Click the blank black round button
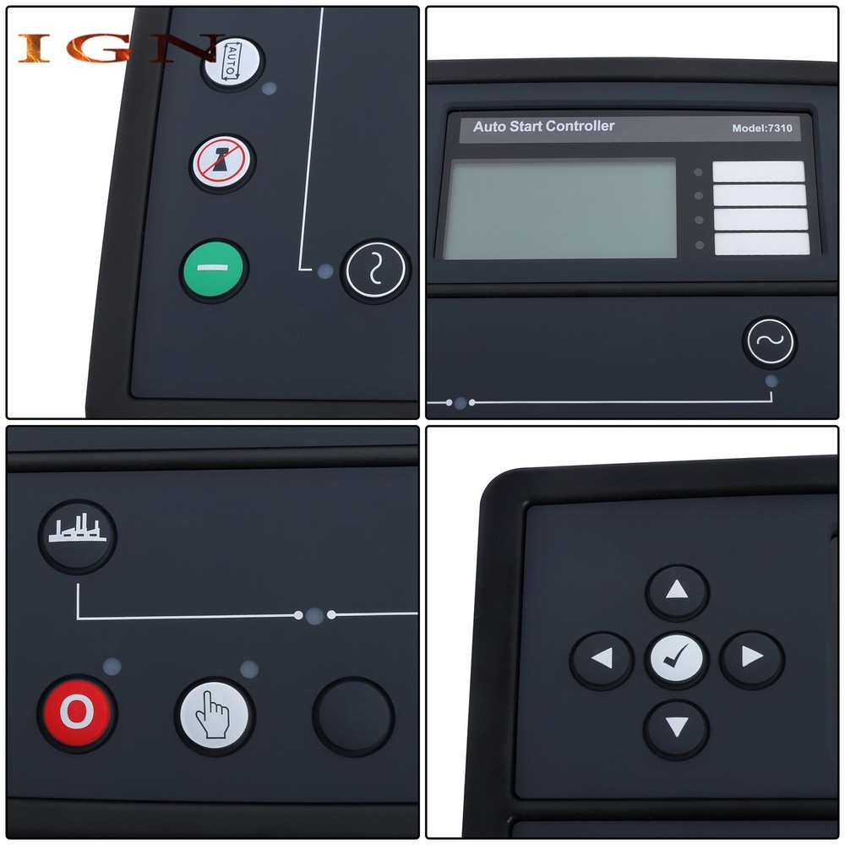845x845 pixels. point(353,717)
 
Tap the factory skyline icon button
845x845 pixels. point(77,532)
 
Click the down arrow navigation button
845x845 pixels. point(676,727)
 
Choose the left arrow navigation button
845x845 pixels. point(602,658)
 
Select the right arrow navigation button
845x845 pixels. point(751,657)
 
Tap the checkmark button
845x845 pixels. point(677,658)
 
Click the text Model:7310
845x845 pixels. point(761,128)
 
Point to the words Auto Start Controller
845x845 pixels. point(543,127)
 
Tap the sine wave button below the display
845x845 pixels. point(769,342)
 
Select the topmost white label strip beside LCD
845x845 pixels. point(758,172)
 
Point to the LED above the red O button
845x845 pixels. point(112,667)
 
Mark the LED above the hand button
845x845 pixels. point(249,670)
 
